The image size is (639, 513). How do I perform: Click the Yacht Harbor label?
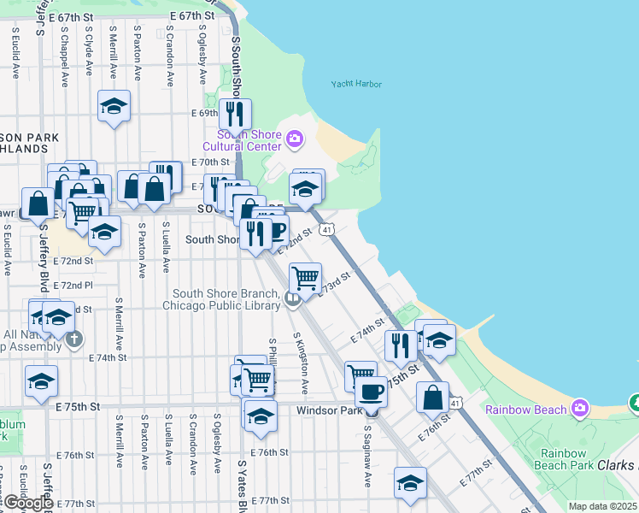[x=356, y=84]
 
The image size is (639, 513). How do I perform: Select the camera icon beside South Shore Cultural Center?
[x=295, y=138]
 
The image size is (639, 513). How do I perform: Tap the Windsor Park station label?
[x=329, y=410]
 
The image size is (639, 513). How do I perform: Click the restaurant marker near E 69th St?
[x=234, y=114]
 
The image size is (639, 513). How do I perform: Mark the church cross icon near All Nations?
[x=74, y=339]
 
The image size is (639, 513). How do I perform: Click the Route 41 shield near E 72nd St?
[x=326, y=230]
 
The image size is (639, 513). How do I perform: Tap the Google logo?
[x=28, y=502]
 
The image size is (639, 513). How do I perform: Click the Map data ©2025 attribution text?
[x=602, y=506]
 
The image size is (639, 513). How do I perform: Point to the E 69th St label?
[x=206, y=113]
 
